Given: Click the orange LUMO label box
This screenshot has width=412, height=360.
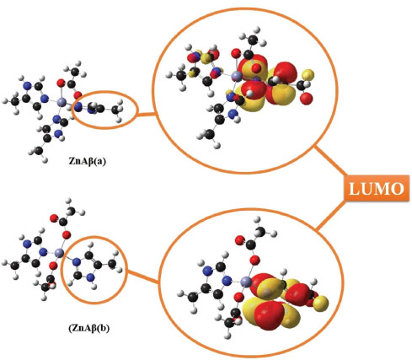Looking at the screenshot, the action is (377, 188).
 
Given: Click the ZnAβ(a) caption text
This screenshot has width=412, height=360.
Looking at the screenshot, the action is (88, 161).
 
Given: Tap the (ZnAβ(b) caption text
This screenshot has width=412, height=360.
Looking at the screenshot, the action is (89, 328).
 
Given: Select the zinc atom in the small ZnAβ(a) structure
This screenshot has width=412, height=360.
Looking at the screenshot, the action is (62, 103).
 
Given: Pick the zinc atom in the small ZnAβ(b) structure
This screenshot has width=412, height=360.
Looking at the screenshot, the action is (60, 252).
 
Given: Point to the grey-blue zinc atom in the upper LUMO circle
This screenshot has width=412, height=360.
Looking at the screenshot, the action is (238, 76).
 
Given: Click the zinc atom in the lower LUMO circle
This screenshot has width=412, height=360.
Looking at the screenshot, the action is (246, 282).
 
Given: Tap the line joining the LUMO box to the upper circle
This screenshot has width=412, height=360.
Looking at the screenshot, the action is (330, 161).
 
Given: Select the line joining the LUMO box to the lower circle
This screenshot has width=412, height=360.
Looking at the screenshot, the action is (331, 215).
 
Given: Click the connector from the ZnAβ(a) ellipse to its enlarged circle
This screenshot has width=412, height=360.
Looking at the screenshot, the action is (146, 114).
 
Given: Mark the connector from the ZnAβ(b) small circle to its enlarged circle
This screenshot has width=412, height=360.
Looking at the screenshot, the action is (143, 277).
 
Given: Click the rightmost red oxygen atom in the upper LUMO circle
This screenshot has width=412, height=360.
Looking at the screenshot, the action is (307, 98).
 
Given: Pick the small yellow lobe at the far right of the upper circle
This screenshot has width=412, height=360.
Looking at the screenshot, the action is (308, 74).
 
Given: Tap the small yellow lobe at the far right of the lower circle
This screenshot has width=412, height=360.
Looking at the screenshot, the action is (320, 303).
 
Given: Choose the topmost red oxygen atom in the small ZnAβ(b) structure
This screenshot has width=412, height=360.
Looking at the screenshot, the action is (53, 218).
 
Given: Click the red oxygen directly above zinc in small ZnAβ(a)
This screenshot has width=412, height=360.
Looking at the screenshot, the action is (61, 83).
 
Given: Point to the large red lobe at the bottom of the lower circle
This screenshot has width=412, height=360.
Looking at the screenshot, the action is (270, 313).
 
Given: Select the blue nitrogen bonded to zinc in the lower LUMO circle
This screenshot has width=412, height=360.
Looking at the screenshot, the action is (227, 280).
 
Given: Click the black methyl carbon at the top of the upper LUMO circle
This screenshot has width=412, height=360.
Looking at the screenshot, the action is (253, 40).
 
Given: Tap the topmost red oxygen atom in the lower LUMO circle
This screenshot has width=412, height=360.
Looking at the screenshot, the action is (239, 240).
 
